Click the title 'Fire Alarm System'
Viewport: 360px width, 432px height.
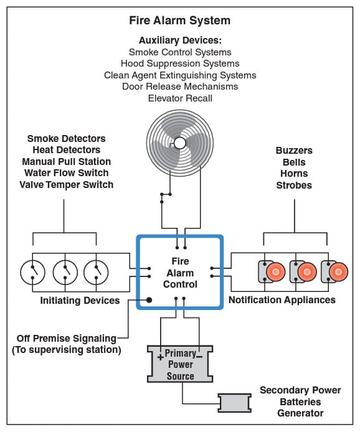tap(179, 21)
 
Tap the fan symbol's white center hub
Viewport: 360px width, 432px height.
tap(179, 143)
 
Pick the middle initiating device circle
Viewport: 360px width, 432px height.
tap(64, 271)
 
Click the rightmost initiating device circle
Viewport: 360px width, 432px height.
tap(96, 271)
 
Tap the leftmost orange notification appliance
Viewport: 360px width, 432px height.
tap(276, 271)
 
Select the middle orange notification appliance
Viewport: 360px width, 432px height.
tap(306, 271)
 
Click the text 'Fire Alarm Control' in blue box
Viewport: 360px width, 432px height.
tap(179, 273)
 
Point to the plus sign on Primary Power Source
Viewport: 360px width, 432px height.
tap(159, 357)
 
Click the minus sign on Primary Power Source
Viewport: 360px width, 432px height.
tap(200, 357)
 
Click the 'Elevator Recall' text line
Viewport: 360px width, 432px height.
tap(179, 98)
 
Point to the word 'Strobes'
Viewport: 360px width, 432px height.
tap(294, 185)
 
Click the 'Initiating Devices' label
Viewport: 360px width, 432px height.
tap(80, 301)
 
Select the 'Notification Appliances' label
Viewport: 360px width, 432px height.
tap(282, 300)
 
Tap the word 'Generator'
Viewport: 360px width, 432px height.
tap(300, 413)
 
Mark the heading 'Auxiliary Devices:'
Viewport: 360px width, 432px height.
tap(179, 40)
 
